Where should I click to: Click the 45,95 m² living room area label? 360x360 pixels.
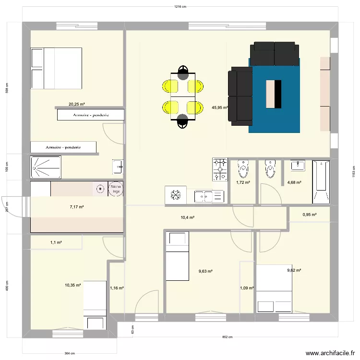coord(219,108)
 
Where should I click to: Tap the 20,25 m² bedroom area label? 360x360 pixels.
coord(77,104)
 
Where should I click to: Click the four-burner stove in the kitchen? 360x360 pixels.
coord(220,170)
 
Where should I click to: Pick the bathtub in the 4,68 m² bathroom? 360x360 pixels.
coord(321,182)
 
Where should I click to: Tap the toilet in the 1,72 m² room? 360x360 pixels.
coord(243,169)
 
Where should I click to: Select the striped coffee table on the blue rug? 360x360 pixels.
coord(274,94)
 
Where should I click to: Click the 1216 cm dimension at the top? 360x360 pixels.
coord(180,7)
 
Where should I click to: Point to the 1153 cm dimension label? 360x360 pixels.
coord(353,172)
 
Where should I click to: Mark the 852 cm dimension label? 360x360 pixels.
coord(228,337)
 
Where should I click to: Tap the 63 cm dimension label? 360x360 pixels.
coord(133,329)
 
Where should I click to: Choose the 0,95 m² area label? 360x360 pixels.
coord(310,215)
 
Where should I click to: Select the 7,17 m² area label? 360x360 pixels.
coord(77,207)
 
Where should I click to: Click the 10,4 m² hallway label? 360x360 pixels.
coord(187,217)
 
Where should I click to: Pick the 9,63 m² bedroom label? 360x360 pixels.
coord(205,271)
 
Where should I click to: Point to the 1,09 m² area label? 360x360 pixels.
coord(247,288)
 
